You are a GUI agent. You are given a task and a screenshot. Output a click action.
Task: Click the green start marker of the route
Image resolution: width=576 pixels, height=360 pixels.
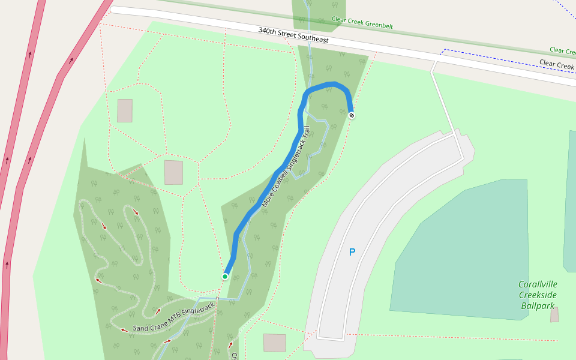[225, 276]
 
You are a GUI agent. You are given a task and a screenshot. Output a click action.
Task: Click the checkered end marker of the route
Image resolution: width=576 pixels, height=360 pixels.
[351, 115]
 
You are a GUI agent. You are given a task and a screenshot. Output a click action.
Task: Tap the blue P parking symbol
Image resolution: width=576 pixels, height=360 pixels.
[352, 253]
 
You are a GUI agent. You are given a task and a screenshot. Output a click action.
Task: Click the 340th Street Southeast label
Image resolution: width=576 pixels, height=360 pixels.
[293, 35]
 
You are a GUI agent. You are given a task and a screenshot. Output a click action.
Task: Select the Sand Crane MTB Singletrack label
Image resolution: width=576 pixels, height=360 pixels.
[173, 318]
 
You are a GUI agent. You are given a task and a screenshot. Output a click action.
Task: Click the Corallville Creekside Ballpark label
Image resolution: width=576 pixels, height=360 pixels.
[537, 295]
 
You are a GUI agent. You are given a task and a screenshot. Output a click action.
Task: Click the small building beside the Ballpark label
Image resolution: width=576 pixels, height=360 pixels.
[554, 314]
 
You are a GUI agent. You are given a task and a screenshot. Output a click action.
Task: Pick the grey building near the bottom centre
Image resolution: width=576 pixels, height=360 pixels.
[274, 343]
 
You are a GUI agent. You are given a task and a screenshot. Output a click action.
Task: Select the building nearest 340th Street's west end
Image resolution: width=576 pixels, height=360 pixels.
[125, 111]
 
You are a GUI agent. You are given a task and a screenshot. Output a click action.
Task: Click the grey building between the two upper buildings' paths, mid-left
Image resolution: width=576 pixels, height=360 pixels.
[173, 172]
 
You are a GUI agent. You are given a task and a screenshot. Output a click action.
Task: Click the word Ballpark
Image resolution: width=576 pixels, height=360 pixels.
[537, 306]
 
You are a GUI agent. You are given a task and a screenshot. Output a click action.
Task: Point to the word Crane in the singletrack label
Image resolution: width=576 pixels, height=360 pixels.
[160, 323]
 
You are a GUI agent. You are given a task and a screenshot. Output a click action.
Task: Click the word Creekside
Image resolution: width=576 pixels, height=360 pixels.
[537, 295]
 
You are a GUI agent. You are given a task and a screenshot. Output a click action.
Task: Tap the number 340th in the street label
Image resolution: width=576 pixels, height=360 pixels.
[268, 30]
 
